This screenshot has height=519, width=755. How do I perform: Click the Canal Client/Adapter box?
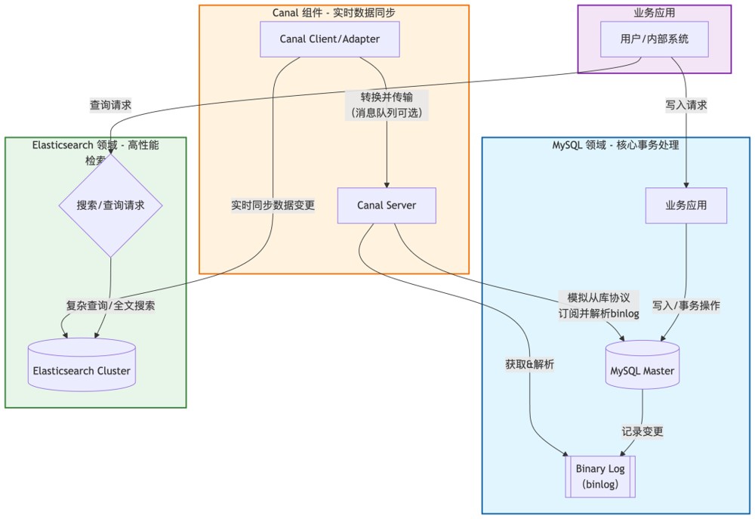(329, 39)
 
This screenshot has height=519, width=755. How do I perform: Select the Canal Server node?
(387, 205)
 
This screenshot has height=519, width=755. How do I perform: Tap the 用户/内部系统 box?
(644, 39)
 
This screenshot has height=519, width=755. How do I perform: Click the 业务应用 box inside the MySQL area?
(686, 205)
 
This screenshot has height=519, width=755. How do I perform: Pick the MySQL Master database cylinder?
(642, 370)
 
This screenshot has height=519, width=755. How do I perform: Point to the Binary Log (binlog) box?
(600, 476)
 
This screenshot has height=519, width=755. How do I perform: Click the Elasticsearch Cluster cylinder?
(82, 369)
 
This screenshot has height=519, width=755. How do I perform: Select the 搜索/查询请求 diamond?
(110, 205)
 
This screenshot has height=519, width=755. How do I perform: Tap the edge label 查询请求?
(110, 106)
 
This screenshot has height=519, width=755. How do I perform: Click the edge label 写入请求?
(686, 106)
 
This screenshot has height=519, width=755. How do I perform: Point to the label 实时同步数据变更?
(273, 205)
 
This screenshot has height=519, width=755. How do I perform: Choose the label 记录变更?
(643, 431)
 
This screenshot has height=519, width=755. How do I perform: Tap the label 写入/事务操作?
(686, 306)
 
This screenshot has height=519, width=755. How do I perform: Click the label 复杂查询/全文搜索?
(111, 306)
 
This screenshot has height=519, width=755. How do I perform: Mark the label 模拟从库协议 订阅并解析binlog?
(599, 306)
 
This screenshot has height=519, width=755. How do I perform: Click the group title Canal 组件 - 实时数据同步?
(333, 13)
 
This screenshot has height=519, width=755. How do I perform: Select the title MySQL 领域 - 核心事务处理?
(615, 145)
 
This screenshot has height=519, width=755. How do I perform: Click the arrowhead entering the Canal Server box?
(387, 184)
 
